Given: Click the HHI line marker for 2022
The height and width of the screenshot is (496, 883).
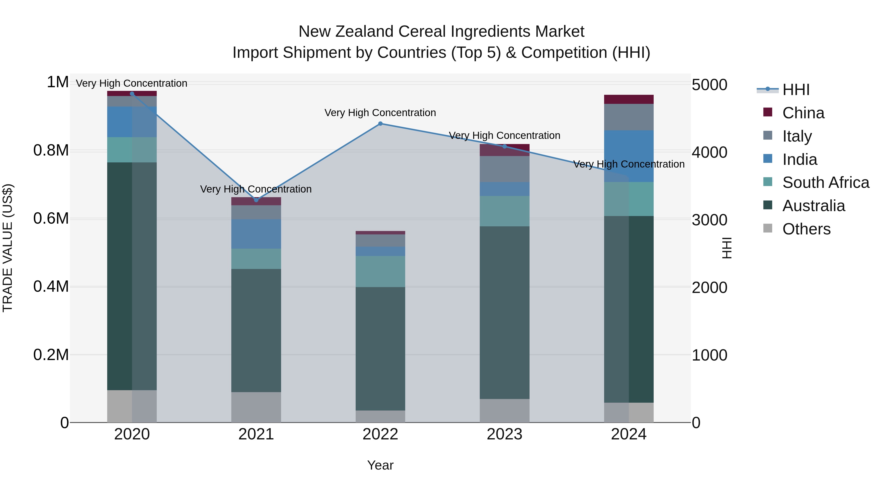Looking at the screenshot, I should [380, 124].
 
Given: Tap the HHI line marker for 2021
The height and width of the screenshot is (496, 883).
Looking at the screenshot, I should [256, 200].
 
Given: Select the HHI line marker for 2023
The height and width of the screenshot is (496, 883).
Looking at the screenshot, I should [504, 146].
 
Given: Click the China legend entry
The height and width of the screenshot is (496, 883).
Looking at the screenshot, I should [803, 113].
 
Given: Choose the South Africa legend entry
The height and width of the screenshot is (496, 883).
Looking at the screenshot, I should [825, 182].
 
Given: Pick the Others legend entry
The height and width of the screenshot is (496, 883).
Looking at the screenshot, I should [806, 229].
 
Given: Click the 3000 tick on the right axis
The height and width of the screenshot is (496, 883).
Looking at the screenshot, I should [709, 220].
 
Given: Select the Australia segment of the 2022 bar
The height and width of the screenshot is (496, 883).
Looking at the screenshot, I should [380, 349].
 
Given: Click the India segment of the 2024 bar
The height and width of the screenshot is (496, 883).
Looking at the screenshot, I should [629, 156].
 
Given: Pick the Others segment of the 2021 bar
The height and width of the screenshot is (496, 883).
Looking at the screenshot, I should [256, 407].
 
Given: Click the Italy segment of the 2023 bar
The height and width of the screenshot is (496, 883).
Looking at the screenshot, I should [504, 169].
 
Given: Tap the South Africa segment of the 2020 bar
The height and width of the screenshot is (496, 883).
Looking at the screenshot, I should [132, 150].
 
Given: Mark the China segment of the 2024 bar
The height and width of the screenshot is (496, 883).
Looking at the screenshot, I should [629, 99].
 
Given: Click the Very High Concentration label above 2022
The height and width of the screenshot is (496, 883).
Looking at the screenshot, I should [380, 113].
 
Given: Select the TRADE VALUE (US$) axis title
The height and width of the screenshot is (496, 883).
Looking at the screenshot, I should [8, 248].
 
